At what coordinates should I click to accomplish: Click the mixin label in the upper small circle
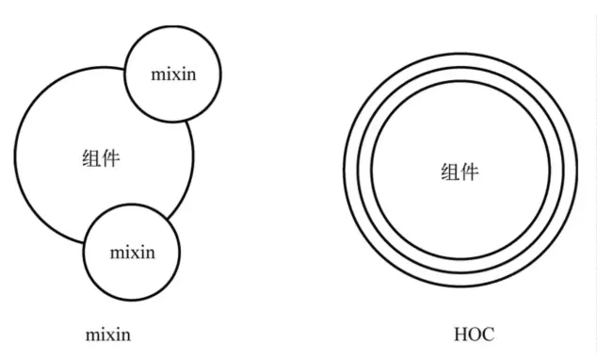173,74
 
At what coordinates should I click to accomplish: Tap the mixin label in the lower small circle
133,253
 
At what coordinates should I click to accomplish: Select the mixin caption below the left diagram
108,335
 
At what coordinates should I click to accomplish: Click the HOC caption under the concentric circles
475,335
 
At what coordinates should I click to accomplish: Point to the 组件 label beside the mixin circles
101,158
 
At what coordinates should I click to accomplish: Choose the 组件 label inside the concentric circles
460,172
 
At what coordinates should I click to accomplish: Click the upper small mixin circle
125,74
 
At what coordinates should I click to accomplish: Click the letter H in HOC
461,335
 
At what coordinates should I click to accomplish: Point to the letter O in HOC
476,335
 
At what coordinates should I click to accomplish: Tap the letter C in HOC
490,335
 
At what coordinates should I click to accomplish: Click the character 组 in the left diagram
91,158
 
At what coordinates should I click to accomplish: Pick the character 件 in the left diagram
111,158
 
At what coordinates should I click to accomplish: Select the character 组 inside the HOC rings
450,172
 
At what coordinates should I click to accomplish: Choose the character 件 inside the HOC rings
470,172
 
